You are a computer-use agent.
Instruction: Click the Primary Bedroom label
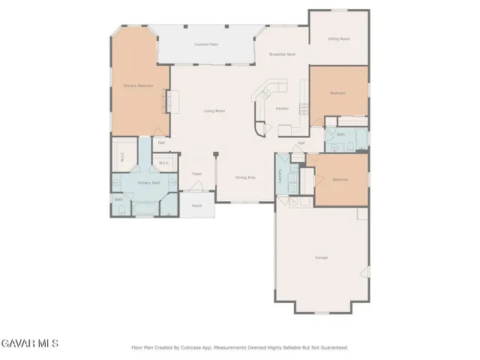click(x=138, y=86)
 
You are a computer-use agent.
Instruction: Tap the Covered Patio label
click(x=206, y=44)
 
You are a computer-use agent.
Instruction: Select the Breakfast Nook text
click(x=281, y=55)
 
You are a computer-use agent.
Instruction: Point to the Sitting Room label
click(x=339, y=39)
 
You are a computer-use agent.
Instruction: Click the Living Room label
click(x=214, y=111)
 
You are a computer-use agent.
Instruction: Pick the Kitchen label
click(x=282, y=109)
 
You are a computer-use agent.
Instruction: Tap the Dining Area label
click(x=246, y=178)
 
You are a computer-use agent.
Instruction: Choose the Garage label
click(x=321, y=258)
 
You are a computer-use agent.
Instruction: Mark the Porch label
click(x=196, y=205)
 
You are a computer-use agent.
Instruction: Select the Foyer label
click(x=196, y=174)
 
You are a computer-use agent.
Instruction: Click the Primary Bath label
click(x=148, y=183)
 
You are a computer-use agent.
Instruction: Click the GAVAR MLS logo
click(x=29, y=343)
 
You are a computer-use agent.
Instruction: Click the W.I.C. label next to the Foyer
click(x=163, y=163)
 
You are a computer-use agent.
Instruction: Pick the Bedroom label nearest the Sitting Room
click(x=338, y=93)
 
